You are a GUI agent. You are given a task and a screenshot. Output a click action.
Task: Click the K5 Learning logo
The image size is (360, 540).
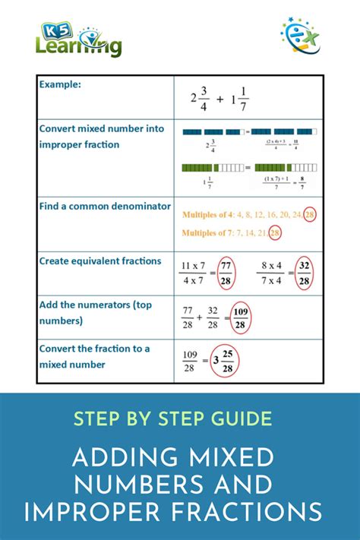tap(78, 39)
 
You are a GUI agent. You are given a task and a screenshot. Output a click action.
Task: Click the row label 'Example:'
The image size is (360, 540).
tap(62, 84)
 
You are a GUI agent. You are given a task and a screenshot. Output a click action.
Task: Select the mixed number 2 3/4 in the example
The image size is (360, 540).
tap(200, 97)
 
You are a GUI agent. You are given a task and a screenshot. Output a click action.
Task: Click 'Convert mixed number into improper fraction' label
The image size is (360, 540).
tap(101, 137)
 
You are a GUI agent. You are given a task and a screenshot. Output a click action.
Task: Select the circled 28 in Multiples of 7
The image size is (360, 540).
tap(274, 233)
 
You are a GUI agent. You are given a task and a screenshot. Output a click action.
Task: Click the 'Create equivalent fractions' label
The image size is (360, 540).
tap(99, 261)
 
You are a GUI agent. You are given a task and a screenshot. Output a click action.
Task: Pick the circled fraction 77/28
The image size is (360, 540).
tap(224, 274)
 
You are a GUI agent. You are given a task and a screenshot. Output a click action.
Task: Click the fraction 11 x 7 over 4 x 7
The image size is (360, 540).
tap(193, 274)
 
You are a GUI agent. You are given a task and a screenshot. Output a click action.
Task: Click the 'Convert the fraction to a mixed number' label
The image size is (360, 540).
tap(94, 356)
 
